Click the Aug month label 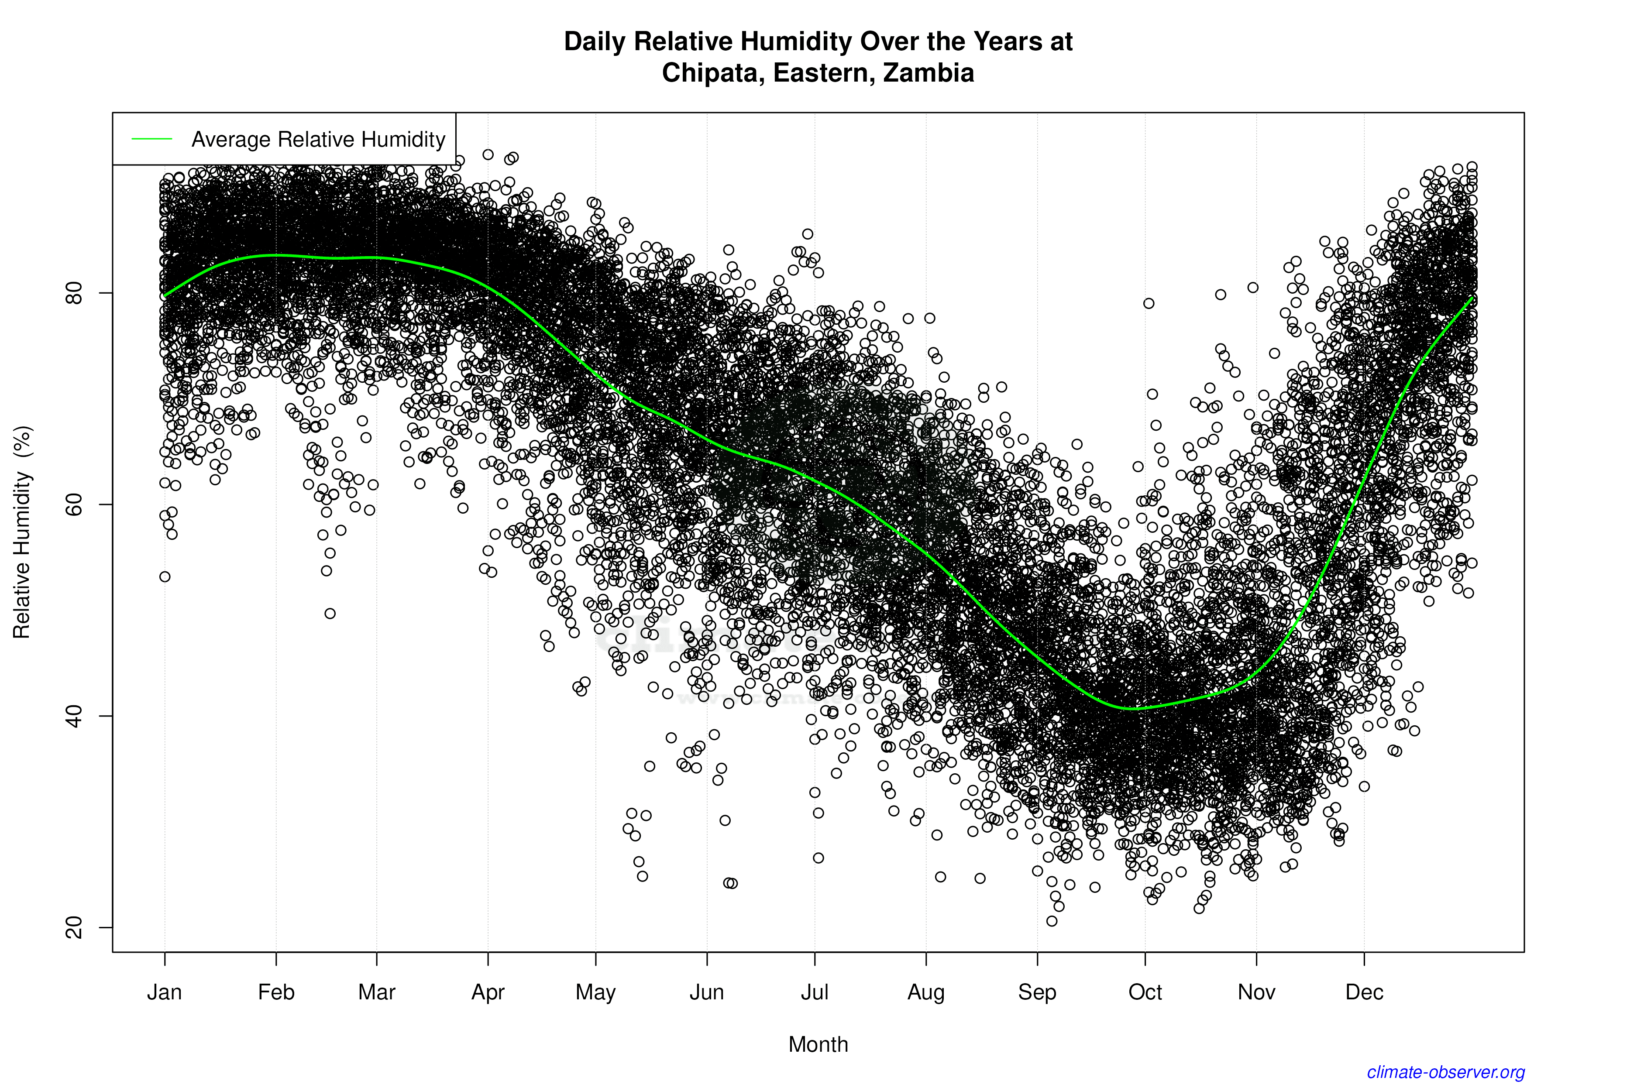point(926,992)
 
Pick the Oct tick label point(1145,992)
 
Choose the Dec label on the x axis point(1364,992)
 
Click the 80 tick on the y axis point(74,293)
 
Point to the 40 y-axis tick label point(74,716)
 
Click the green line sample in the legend point(152,139)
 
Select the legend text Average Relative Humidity point(318,140)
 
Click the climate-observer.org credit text point(1446,1072)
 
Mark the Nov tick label point(1256,992)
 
